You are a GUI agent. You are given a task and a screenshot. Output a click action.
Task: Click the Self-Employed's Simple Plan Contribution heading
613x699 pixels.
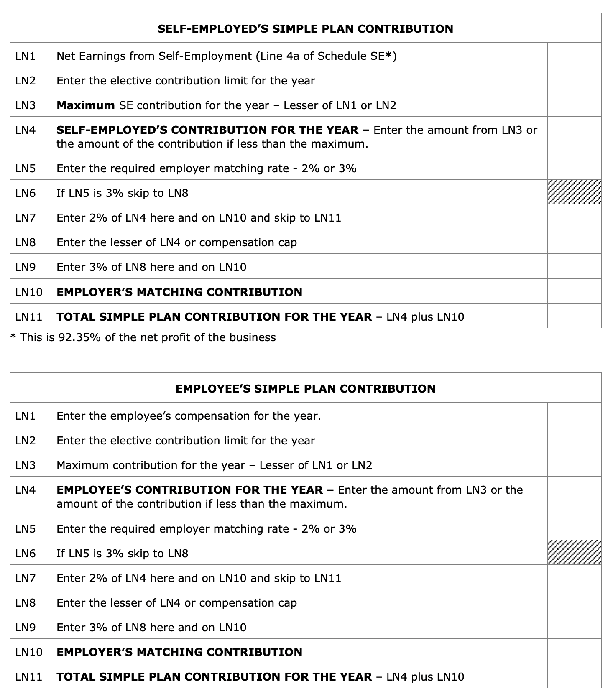coord(305,29)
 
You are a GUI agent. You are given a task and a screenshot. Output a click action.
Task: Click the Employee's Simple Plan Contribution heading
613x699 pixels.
coord(305,389)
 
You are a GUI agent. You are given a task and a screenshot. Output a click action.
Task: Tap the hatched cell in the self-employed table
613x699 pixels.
coord(574,192)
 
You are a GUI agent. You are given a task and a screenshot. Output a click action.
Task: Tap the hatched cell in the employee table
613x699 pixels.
coord(574,553)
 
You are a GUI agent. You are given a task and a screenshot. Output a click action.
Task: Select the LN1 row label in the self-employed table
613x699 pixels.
coord(26,56)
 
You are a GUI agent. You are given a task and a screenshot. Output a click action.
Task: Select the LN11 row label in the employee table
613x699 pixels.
coord(29,677)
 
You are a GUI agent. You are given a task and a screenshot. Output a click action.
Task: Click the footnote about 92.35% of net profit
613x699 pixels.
coord(143,337)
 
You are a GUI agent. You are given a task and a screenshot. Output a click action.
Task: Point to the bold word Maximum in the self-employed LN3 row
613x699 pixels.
coord(85,105)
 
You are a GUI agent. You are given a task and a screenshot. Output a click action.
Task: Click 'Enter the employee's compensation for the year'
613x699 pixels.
coord(189,416)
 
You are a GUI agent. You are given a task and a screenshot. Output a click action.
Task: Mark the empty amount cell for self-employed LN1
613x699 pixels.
coord(574,55)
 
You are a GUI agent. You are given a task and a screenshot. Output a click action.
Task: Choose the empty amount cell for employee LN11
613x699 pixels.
coord(574,676)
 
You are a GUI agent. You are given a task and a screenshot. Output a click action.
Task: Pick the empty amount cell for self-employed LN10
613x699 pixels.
coord(574,291)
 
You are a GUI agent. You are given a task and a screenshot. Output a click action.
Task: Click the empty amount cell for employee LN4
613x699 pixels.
coord(574,496)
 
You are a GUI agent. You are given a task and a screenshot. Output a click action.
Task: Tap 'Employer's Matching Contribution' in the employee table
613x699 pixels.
coord(179,652)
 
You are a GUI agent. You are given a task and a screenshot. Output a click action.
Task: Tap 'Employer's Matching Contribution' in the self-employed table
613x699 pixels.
coord(179,292)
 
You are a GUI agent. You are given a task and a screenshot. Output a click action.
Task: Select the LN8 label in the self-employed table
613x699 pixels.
coord(26,242)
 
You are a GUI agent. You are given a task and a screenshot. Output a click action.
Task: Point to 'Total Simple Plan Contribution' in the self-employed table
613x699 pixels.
coord(214,317)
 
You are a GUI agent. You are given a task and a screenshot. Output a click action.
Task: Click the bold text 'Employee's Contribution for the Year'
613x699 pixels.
coord(189,490)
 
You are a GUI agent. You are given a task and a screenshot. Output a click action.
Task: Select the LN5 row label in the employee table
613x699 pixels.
coord(26,529)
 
